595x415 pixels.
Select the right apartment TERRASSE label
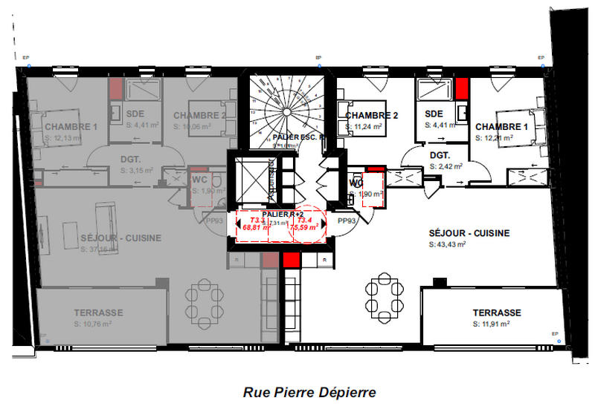pos(496,313)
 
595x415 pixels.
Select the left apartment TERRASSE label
pos(98,313)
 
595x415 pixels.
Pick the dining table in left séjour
pos(202,299)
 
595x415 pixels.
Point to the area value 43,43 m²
pos(448,244)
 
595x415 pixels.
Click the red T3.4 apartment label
pos(304,220)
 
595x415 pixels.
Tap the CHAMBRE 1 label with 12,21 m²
pos(502,127)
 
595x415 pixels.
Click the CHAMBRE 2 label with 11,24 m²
pos(372,115)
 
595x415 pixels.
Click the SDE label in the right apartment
pos(434,114)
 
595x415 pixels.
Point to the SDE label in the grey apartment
pos(135,114)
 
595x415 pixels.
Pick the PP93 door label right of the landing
pos(347,220)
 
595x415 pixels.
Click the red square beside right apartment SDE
pos(462,88)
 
